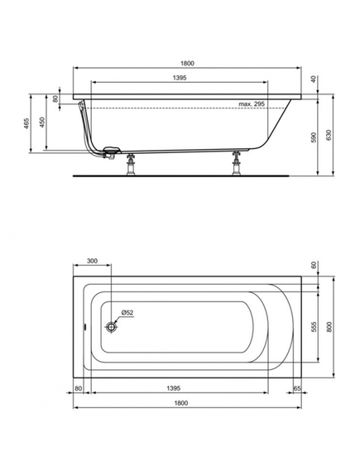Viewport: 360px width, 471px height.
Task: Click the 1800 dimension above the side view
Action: pyautogui.click(x=187, y=63)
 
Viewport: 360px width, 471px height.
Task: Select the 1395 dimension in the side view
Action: pyautogui.click(x=180, y=78)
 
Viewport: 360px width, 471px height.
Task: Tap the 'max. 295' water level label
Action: pyautogui.click(x=252, y=103)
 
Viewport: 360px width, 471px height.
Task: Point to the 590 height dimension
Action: pyautogui.click(x=314, y=137)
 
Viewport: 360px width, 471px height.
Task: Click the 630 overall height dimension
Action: pyautogui.click(x=329, y=135)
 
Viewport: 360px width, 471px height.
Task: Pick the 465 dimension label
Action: pyautogui.click(x=26, y=124)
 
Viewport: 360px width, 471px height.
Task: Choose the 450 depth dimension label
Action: pyautogui.click(x=42, y=122)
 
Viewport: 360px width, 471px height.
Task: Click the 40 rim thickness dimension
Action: pyautogui.click(x=314, y=79)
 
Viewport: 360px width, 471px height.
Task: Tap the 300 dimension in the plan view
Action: pyautogui.click(x=92, y=261)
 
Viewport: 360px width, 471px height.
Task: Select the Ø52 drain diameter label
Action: pyautogui.click(x=127, y=313)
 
